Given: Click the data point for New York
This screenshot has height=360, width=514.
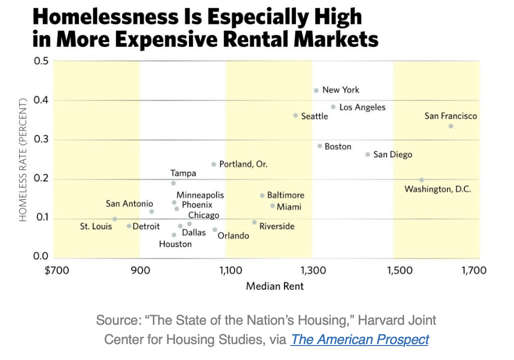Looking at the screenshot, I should pyautogui.click(x=316, y=90).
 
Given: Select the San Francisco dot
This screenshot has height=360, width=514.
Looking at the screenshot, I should pyautogui.click(x=450, y=126).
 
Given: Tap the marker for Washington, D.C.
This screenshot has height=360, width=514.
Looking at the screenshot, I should pyautogui.click(x=421, y=180).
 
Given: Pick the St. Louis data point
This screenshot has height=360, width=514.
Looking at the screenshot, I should pyautogui.click(x=114, y=219).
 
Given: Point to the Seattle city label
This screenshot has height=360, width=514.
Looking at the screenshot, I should pyautogui.click(x=314, y=116).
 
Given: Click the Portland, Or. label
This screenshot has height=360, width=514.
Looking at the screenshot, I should pyautogui.click(x=243, y=164).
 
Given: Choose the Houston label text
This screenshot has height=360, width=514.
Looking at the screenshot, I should pyautogui.click(x=176, y=244).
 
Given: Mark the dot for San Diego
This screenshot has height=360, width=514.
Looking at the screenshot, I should pyautogui.click(x=368, y=154).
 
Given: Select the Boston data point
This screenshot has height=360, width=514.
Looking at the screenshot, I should pyautogui.click(x=320, y=146).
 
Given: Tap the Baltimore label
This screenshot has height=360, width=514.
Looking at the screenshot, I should pyautogui.click(x=285, y=195).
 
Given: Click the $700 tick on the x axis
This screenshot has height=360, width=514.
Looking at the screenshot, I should pyautogui.click(x=56, y=270).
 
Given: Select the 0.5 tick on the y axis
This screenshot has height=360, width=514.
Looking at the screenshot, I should pyautogui.click(x=42, y=61).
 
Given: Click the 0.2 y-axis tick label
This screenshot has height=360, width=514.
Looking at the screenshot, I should pyautogui.click(x=42, y=180).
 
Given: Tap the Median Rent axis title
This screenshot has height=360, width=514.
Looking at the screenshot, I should pyautogui.click(x=275, y=286).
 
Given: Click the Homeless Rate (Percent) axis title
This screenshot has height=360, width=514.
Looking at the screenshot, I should pyautogui.click(x=23, y=160).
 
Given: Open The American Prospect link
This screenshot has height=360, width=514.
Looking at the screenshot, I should pyautogui.click(x=360, y=339).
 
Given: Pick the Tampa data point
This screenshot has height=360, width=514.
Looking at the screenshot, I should pyautogui.click(x=174, y=183).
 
